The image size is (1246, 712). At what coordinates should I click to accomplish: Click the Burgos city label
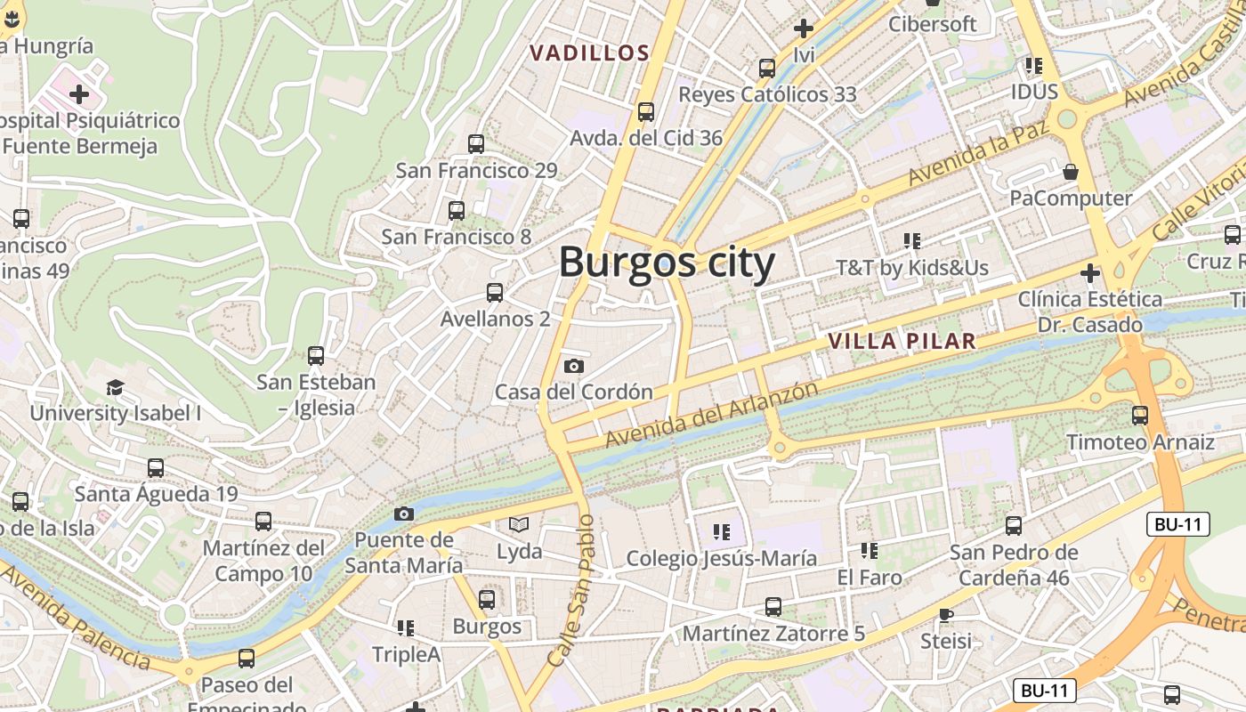coord(667,263)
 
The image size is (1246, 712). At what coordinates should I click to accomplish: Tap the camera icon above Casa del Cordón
coord(574,366)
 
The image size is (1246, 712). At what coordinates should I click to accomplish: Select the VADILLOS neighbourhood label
coord(590,53)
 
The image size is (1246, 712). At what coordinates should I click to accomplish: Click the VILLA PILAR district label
coord(902,341)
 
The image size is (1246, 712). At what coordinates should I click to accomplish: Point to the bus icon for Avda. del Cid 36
coord(646,112)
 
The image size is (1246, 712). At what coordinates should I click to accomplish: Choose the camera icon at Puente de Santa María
coord(404,514)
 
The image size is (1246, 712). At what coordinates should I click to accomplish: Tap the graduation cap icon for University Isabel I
coord(115,387)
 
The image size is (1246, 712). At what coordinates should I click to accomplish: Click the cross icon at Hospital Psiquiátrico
coord(79,93)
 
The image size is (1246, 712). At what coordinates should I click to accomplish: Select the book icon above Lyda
coord(519,525)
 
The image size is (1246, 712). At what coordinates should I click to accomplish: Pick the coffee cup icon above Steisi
coord(945,615)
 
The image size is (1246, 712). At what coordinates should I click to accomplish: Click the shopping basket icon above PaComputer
coord(1071,171)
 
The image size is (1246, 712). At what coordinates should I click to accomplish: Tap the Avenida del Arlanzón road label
coord(711,415)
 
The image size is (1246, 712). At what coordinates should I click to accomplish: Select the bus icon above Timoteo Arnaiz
coord(1140,415)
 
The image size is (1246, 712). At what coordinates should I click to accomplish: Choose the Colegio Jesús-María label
coord(721,559)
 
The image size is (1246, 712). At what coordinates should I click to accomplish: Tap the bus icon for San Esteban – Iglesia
coord(316,356)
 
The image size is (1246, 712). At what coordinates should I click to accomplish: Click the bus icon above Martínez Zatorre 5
coord(773,607)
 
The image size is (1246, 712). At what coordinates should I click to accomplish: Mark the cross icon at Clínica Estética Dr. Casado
coord(1089,272)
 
